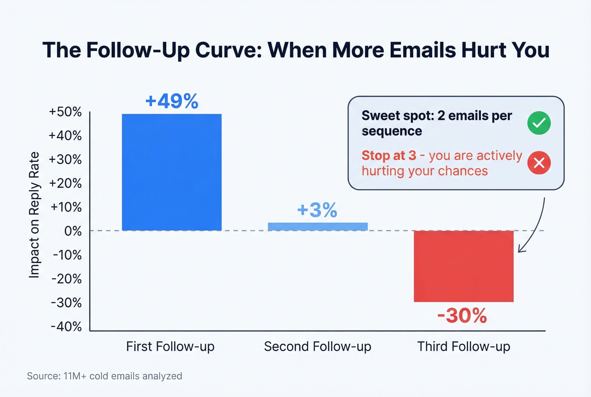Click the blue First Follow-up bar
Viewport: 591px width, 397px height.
tap(171, 172)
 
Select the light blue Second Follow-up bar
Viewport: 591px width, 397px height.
tap(317, 227)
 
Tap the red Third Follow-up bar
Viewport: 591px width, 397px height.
tap(464, 266)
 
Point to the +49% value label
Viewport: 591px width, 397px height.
tap(171, 101)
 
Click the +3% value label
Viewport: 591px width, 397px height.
tap(317, 210)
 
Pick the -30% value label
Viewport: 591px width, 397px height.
tap(462, 316)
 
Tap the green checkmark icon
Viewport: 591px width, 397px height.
tap(539, 123)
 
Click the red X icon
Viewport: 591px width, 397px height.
tap(539, 163)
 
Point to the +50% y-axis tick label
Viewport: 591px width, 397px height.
tap(65, 112)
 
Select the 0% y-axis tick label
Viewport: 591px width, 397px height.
tap(73, 231)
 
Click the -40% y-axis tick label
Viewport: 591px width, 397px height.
tap(66, 327)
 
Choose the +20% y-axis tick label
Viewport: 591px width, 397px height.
tap(65, 183)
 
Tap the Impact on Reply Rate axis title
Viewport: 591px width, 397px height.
tap(34, 215)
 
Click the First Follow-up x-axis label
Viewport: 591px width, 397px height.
tap(170, 347)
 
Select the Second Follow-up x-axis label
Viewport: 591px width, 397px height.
tap(317, 347)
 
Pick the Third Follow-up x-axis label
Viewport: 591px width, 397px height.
tap(464, 347)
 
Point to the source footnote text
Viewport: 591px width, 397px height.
tap(105, 376)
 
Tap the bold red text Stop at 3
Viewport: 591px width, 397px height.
tap(389, 156)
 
